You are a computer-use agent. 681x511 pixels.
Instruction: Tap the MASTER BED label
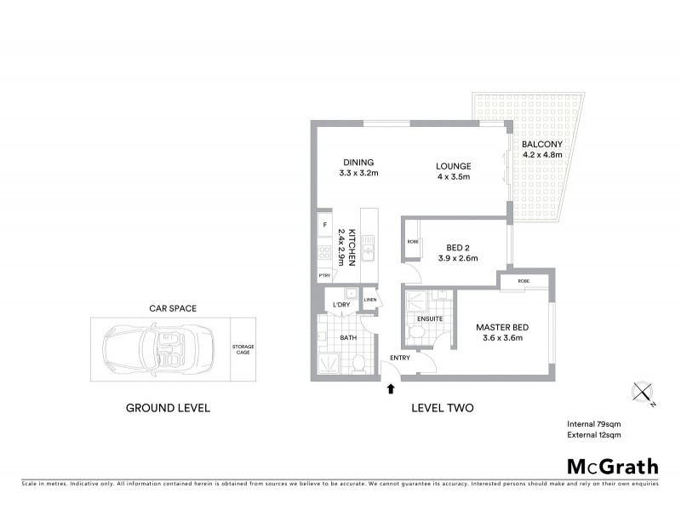click(x=499, y=328)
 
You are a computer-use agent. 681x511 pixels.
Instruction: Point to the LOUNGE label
click(x=453, y=166)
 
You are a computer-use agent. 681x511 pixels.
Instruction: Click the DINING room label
click(x=358, y=163)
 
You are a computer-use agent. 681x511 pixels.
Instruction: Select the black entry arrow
click(x=391, y=389)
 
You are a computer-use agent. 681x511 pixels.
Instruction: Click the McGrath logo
click(x=612, y=466)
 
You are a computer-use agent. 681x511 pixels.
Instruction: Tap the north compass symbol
click(x=642, y=393)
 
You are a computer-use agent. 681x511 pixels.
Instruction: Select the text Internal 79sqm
click(x=594, y=423)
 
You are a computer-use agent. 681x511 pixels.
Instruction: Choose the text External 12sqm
click(x=594, y=435)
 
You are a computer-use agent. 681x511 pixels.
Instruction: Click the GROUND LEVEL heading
click(x=168, y=408)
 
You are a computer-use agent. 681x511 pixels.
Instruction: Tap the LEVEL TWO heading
click(x=443, y=408)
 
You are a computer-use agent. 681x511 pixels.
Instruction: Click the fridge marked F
click(x=324, y=226)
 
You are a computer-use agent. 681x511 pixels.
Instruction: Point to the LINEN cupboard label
click(x=370, y=300)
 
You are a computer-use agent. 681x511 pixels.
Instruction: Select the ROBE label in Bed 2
click(x=413, y=242)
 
